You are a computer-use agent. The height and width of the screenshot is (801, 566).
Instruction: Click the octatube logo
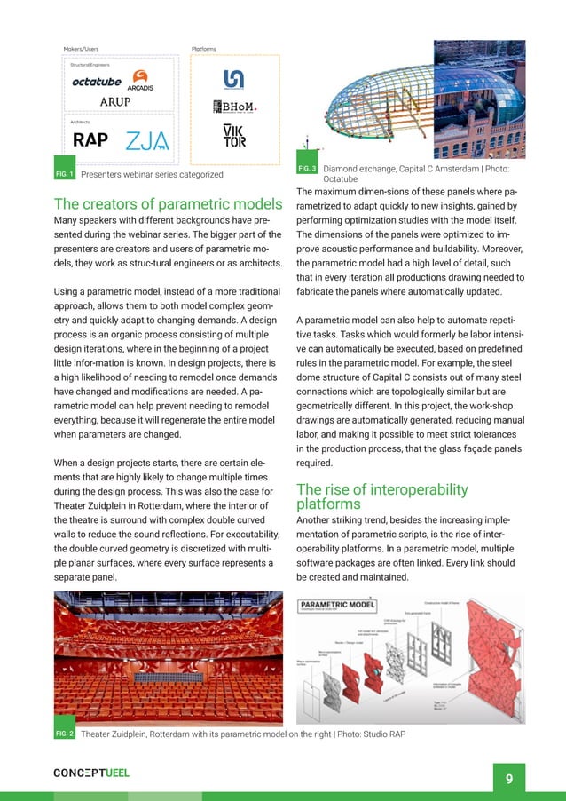pos(97,83)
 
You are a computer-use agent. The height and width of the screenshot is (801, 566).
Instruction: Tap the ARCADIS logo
pos(140,83)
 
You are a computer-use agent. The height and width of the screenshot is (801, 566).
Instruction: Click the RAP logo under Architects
pos(90,140)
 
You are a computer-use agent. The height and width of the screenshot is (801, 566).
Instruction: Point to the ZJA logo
pos(146,141)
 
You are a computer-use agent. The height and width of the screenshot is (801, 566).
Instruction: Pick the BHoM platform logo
pos(235,107)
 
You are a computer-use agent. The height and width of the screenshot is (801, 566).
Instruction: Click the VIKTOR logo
pos(234,136)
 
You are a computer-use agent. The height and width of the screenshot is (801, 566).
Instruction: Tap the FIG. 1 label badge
pos(65,174)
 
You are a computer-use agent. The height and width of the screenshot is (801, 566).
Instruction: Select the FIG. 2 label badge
pos(65,734)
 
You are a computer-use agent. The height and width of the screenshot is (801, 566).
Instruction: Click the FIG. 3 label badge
pos(307,168)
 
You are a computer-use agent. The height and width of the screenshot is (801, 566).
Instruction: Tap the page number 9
pos(508,779)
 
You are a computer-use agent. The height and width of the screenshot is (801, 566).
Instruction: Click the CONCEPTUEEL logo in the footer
pos(91,773)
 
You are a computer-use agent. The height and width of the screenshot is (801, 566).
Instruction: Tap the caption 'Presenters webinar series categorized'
pos(151,174)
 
